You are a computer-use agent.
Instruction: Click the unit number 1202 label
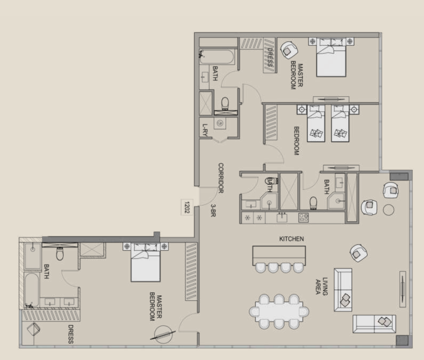[187, 207]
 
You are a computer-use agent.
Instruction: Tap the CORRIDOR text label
[221, 178]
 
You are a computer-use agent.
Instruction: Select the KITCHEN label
[291, 239]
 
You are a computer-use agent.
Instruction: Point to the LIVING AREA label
[322, 286]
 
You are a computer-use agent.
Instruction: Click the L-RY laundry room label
[205, 130]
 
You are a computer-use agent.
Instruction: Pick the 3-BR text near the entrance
[213, 210]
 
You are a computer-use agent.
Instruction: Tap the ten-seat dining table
[279, 311]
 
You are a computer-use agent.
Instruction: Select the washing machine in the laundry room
[220, 123]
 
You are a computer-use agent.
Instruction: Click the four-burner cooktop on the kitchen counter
[304, 218]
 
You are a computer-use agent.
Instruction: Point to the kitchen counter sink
[282, 217]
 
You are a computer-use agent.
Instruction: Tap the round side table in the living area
[388, 210]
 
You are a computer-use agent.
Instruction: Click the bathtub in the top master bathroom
[217, 57]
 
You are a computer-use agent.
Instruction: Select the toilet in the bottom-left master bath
[60, 254]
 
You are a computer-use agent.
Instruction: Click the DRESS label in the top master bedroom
[270, 57]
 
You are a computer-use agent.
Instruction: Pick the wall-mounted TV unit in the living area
[403, 289]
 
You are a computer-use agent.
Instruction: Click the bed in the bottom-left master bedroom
[146, 262]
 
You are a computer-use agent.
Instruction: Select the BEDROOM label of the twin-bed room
[296, 141]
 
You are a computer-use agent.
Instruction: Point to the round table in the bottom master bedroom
[163, 334]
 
